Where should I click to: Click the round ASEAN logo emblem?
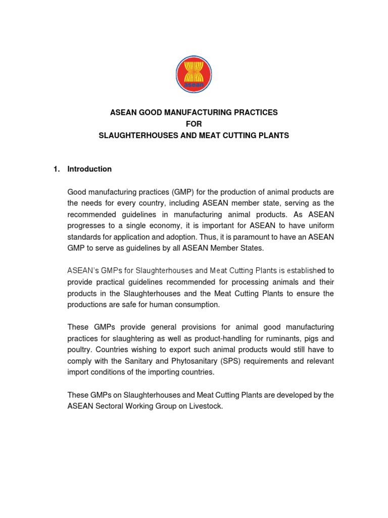(194, 74)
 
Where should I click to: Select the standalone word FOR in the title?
(194, 124)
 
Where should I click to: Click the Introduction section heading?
(89, 169)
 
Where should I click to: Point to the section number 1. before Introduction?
(57, 169)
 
